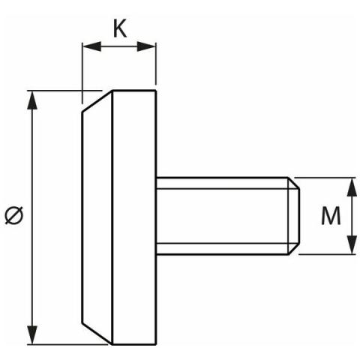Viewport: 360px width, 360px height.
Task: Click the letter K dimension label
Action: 120,28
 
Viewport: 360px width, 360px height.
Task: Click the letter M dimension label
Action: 331,215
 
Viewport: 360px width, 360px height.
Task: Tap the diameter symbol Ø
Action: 14,215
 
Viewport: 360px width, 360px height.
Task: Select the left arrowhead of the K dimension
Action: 91,46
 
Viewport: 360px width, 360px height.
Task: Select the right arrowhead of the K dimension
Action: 146,46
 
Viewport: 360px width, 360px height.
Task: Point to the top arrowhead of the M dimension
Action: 352,187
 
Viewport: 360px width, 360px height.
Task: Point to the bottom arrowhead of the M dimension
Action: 352,244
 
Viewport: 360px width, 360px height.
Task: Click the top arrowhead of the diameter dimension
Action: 32,100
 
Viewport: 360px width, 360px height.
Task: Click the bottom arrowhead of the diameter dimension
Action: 32,335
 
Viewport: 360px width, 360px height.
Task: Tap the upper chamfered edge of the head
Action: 97,101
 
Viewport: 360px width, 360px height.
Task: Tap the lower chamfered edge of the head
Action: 97,334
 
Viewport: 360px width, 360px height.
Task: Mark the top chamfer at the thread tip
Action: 293,183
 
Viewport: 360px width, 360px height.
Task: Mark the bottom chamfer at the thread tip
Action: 293,249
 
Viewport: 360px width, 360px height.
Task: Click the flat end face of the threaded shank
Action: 298,216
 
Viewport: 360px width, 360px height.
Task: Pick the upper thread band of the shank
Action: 222,183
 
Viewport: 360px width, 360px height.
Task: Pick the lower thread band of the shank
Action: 222,249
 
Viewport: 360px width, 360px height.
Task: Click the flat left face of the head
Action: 82,217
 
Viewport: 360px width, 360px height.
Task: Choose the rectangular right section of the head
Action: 134,217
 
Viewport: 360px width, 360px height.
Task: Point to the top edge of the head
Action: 134,91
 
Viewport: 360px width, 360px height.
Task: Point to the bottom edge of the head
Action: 134,344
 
